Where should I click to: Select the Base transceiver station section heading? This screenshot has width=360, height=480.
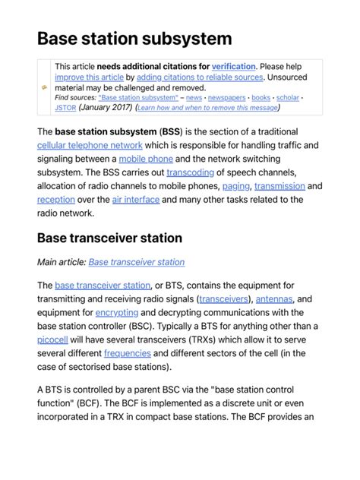pyautogui.click(x=109, y=238)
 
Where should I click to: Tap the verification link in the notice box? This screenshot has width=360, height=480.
pyautogui.click(x=234, y=67)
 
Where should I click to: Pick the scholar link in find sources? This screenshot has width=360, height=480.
pyautogui.click(x=287, y=98)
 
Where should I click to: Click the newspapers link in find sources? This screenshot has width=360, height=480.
pyautogui.click(x=227, y=98)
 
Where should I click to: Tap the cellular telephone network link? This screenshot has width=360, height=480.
pyautogui.click(x=89, y=145)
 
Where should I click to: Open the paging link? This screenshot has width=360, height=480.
pyautogui.click(x=235, y=186)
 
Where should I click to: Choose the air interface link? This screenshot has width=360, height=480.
pyautogui.click(x=136, y=200)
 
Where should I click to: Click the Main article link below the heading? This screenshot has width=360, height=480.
pyautogui.click(x=136, y=262)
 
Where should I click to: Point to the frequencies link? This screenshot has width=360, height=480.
pyautogui.click(x=128, y=353)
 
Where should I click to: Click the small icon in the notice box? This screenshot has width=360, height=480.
pyautogui.click(x=45, y=87)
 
